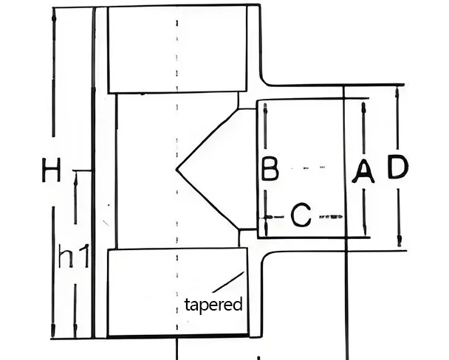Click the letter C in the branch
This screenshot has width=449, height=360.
(301, 216)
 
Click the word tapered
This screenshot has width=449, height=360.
(213, 304)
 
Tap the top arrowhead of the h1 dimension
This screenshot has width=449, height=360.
(75, 175)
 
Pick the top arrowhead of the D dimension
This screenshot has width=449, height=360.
(397, 91)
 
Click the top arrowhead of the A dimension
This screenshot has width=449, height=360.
(364, 105)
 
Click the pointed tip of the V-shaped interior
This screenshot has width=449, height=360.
(177, 169)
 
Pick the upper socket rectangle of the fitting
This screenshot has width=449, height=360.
(177, 49)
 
